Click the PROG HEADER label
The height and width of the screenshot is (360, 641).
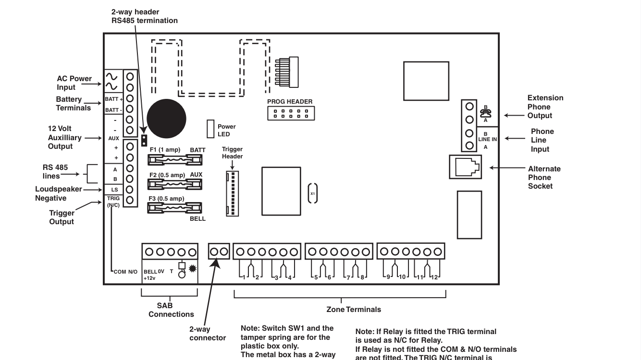[290, 102]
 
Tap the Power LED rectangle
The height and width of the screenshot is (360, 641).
[210, 129]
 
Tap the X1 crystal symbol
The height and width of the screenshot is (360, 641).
[312, 193]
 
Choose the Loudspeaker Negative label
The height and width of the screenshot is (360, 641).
[58, 193]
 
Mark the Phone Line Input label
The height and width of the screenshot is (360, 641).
[542, 140]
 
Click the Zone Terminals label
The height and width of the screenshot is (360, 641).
[354, 310]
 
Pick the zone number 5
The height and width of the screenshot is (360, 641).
[316, 277]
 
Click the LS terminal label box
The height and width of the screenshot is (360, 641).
[114, 190]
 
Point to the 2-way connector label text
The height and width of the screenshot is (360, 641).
[208, 334]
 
